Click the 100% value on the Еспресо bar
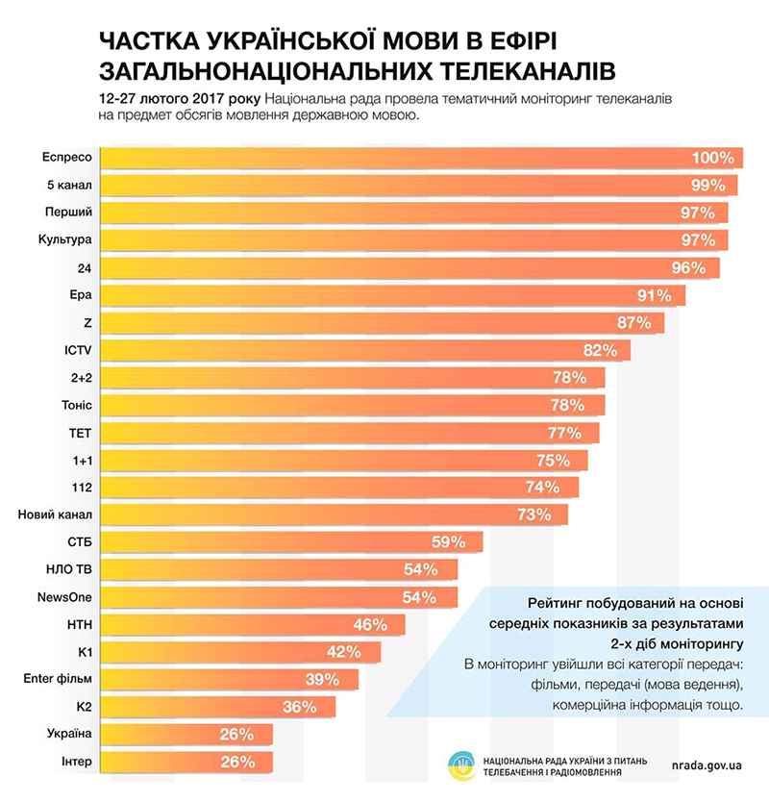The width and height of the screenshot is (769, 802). (712, 158)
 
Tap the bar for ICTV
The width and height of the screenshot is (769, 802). (365, 349)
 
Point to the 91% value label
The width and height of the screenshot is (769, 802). (662, 294)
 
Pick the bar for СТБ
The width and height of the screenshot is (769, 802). (288, 541)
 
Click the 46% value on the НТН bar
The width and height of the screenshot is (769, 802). (370, 625)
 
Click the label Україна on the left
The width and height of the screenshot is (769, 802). (69, 735)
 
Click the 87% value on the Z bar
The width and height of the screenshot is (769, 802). (634, 322)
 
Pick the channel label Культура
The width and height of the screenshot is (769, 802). (68, 239)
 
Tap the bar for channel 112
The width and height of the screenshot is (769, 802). (336, 487)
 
